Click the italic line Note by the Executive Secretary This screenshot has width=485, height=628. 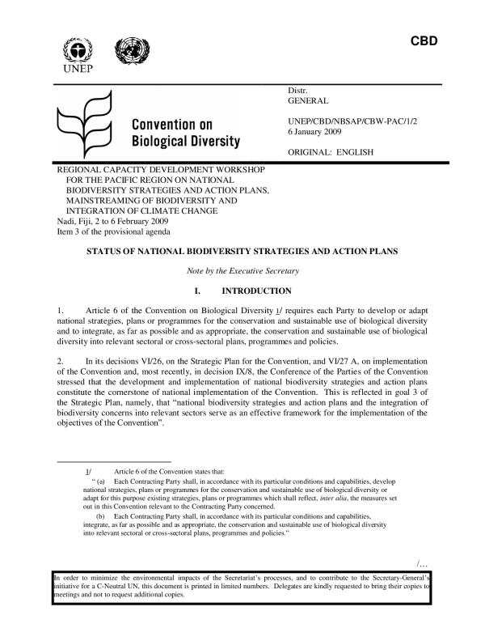coord(242,269)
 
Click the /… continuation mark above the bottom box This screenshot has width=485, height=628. coord(421,563)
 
